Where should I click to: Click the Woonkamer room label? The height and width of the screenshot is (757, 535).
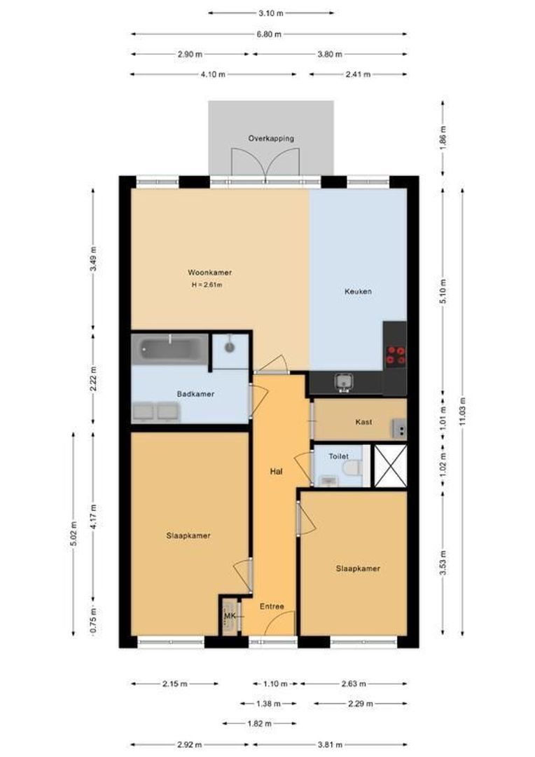tap(209, 272)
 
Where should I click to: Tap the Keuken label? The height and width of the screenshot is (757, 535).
tap(358, 292)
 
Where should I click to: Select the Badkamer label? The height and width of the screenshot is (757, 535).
tap(195, 394)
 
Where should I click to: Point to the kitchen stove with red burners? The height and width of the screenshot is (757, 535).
tap(395, 355)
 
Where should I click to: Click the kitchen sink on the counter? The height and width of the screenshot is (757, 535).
tap(344, 382)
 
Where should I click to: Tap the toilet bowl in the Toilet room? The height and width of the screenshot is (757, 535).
tap(352, 468)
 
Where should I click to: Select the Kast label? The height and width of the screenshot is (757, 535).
tap(363, 422)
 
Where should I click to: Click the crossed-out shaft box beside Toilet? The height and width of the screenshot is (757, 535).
tap(390, 465)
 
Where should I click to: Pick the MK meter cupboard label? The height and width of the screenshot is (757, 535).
tap(230, 616)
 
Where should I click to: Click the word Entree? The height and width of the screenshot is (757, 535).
tap(272, 606)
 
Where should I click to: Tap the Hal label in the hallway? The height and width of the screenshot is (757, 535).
tap(276, 472)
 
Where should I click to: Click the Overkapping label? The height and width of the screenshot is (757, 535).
tap(270, 138)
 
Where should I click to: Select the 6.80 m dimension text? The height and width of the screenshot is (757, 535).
tap(270, 34)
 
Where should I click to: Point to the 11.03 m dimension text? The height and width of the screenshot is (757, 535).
tap(463, 411)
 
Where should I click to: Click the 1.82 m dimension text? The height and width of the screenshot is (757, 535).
tap(260, 723)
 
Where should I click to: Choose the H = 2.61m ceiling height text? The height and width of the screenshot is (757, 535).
tap(207, 285)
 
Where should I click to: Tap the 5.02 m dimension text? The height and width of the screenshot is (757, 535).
tap(74, 533)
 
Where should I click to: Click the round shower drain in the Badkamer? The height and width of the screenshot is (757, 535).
tap(230, 346)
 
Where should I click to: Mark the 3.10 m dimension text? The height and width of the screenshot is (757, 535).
tap(270, 13)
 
